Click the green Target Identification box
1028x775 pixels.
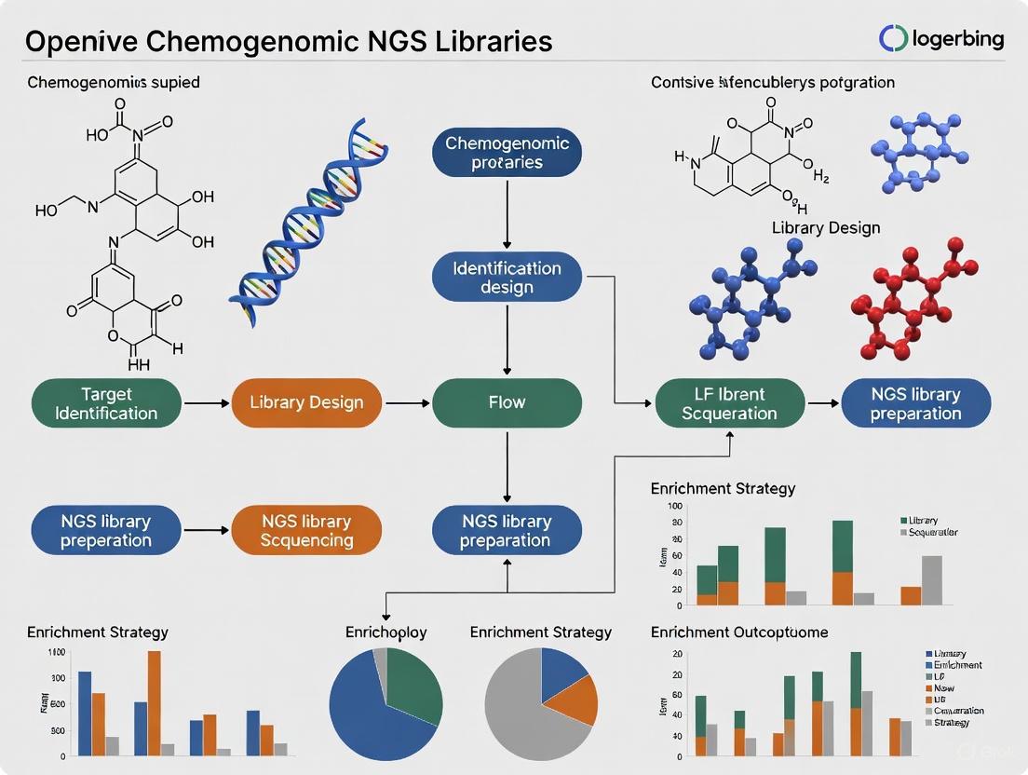point(106,402)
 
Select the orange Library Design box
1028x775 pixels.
point(305,402)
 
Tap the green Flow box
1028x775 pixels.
point(507,402)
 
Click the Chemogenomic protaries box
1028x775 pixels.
point(507,153)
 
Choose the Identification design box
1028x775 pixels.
point(507,277)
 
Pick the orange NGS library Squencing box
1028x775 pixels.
point(305,531)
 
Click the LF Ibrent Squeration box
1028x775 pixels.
point(729,402)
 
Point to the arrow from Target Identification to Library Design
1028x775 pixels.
point(206,403)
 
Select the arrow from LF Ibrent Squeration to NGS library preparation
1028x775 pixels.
point(822,403)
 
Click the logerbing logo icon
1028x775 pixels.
point(893,38)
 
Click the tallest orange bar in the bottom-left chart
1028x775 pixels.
point(155,702)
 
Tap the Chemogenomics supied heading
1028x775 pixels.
point(113,82)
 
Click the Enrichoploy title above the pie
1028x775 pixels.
point(385,632)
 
